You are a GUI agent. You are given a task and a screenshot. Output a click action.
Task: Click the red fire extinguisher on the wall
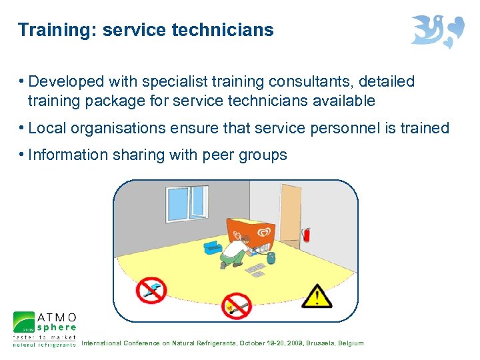coord(306,234)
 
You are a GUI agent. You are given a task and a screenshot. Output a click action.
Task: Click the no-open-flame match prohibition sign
coord(235,306)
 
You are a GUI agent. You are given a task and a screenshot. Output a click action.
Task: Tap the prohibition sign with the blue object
coord(151,289)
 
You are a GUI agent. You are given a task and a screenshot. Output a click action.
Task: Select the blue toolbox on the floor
coord(213,246)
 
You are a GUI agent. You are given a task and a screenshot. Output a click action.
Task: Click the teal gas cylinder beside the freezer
coord(271,257)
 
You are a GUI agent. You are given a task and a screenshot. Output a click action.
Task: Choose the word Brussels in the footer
coord(322,343)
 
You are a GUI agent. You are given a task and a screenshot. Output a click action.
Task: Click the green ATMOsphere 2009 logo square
coord(24,323)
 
